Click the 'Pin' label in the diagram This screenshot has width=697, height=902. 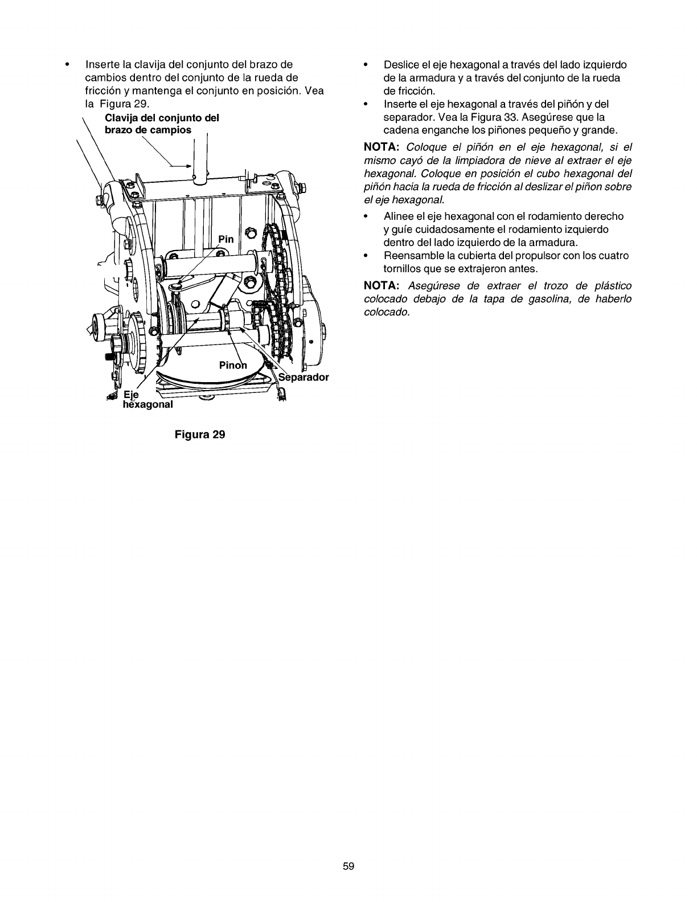pos(226,240)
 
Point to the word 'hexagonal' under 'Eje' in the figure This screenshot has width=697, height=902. pos(147,405)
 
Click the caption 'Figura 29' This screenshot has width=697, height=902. pos(200,434)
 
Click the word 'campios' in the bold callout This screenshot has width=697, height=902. pos(170,129)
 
